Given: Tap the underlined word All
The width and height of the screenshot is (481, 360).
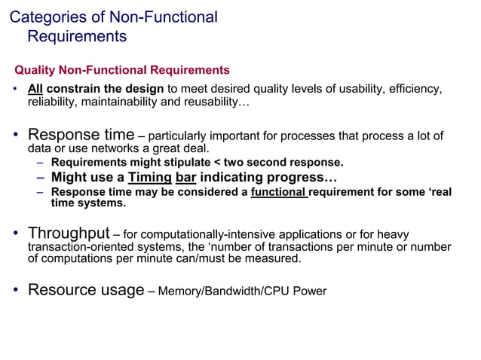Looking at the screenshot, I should (x=35, y=89).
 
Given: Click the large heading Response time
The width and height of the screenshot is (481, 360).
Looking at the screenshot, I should (x=81, y=136).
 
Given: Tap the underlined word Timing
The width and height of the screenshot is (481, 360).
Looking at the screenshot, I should (x=149, y=178).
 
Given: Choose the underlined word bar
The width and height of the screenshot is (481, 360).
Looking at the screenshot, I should (x=185, y=178).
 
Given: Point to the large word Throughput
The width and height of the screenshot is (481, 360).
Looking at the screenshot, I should (x=69, y=233).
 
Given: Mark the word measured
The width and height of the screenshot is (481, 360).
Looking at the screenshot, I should (x=276, y=259).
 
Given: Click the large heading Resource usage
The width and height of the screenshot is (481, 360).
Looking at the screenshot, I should (x=85, y=290).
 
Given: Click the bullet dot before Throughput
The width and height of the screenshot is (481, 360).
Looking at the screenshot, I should (x=15, y=234).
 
